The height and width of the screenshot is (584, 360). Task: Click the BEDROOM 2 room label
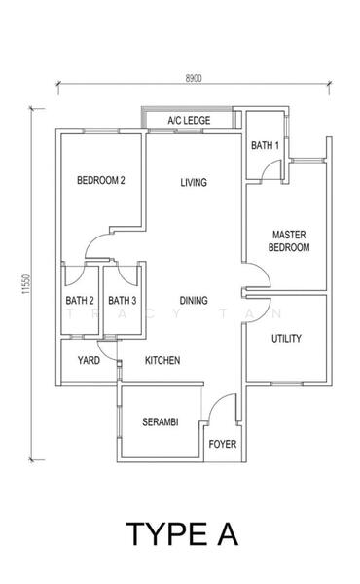click(102, 180)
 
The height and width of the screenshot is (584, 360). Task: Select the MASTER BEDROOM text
click(290, 241)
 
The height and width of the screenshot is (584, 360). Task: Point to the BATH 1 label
click(265, 145)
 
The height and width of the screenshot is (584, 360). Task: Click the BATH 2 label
click(80, 301)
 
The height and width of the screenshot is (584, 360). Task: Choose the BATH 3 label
click(122, 301)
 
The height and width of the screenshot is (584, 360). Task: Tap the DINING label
click(194, 301)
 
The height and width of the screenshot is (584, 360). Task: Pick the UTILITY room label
click(286, 339)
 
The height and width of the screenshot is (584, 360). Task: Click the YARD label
click(89, 360)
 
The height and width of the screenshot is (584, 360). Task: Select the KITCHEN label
click(162, 360)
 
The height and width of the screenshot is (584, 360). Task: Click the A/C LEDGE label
click(189, 121)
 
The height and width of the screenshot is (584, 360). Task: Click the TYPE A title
click(180, 533)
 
